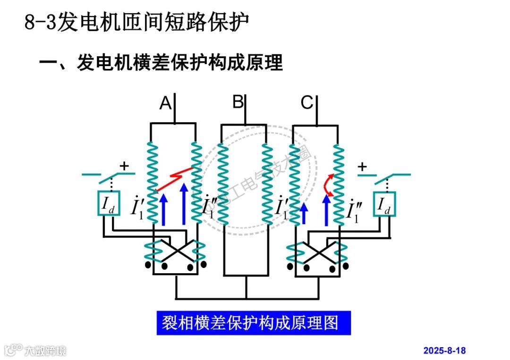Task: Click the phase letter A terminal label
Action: pyautogui.click(x=165, y=103)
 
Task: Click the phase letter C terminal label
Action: pyautogui.click(x=307, y=102)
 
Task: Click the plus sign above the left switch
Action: pyautogui.click(x=124, y=166)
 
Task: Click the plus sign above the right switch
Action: pyautogui.click(x=362, y=166)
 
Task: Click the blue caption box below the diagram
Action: pyautogui.click(x=254, y=323)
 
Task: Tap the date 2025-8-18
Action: pyautogui.click(x=444, y=350)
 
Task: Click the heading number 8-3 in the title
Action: pyautogui.click(x=40, y=23)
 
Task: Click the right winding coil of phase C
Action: pyautogui.click(x=338, y=184)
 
